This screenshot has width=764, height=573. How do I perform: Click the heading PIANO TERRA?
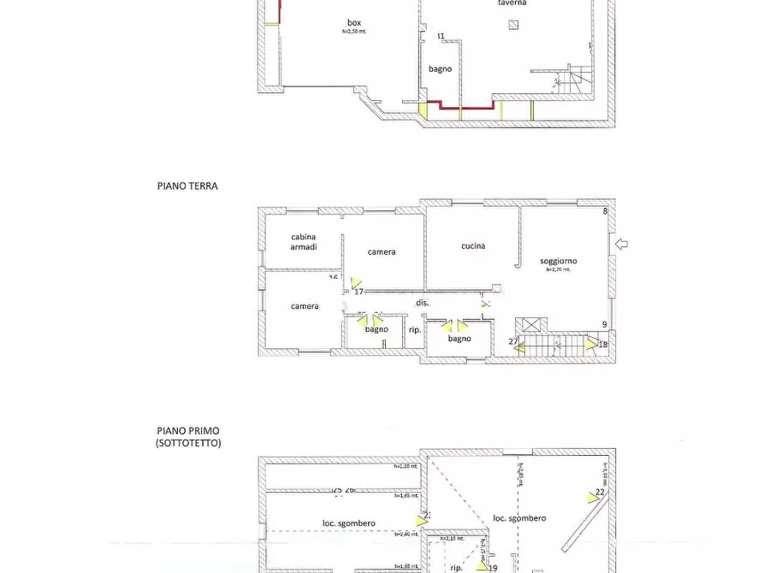click(187, 185)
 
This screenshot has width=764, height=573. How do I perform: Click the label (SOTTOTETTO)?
click(188, 443)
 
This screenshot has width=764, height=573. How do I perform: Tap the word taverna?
click(512, 3)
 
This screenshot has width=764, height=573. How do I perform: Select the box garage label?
click(353, 22)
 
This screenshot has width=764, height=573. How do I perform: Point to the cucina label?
click(473, 246)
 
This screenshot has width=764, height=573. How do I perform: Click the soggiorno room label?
click(558, 261)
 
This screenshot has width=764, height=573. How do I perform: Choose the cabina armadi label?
click(304, 241)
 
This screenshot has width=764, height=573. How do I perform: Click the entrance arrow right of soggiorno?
click(622, 245)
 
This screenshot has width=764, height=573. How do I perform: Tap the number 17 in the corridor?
click(346, 292)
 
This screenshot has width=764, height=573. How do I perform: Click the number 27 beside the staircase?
click(513, 342)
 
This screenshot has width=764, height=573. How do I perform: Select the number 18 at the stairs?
click(603, 345)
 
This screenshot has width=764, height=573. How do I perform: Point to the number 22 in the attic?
click(600, 492)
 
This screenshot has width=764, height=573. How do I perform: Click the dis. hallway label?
click(422, 303)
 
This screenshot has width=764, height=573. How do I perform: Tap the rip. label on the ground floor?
click(414, 329)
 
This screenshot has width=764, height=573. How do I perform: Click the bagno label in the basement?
click(440, 69)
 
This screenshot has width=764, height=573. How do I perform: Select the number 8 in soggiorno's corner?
click(605, 211)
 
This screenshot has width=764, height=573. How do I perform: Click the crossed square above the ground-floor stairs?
click(532, 324)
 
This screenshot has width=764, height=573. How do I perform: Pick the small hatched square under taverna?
click(512, 25)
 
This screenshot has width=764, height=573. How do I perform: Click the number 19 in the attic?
click(493, 567)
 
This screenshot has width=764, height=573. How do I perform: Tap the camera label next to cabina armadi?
click(382, 252)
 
